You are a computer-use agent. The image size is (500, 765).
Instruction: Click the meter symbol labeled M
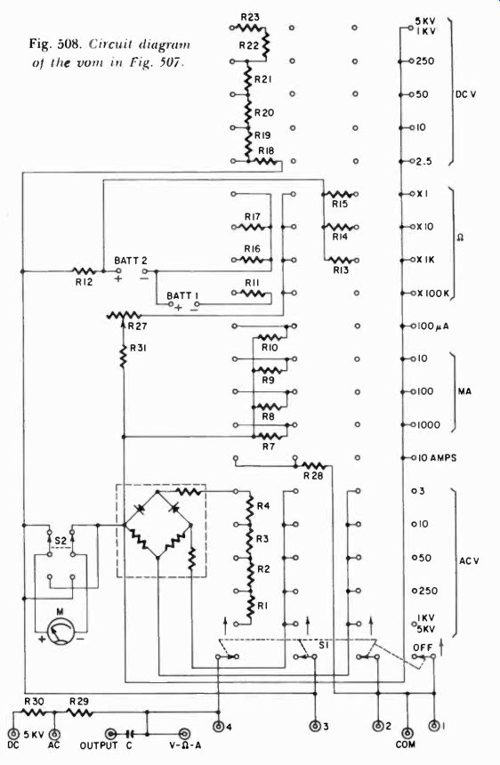(61, 631)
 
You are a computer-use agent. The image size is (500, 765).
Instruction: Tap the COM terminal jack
(407, 732)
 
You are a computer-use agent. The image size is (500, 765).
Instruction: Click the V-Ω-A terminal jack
(184, 733)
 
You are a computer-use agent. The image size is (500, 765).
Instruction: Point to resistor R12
(84, 270)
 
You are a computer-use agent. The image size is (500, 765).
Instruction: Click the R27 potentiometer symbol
(124, 316)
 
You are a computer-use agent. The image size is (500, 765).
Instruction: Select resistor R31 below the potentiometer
(123, 355)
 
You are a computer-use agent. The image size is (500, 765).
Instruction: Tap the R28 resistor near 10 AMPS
(313, 466)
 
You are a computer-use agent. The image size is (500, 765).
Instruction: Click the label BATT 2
(131, 261)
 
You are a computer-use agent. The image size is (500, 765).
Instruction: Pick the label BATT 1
(182, 295)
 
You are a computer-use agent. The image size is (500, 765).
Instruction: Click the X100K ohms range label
(432, 294)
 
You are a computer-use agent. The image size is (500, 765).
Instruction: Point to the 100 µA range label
(432, 326)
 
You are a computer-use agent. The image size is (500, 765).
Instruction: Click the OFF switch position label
(423, 648)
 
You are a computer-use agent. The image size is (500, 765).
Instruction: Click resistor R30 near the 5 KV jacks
(34, 712)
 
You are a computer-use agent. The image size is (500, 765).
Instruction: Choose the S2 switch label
(60, 541)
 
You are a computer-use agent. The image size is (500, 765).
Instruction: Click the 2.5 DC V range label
(423, 162)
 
